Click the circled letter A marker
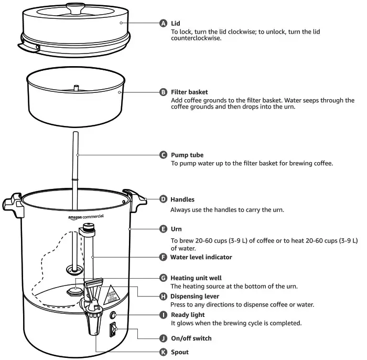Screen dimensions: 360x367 tap(163, 24)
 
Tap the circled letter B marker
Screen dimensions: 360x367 tap(163, 92)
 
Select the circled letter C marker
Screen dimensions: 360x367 tap(163, 155)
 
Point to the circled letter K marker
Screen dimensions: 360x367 tap(163, 352)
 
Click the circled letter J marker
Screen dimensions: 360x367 tap(163, 338)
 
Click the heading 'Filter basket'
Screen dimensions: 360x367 tap(192, 92)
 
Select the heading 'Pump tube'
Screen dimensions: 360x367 tap(187, 155)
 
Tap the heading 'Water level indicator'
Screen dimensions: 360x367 tap(201, 257)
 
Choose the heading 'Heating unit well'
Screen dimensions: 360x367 tap(197, 278)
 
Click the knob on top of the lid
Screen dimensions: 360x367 tap(77, 7)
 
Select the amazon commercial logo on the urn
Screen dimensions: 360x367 tap(85, 217)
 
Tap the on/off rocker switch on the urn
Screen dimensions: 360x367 tap(112, 331)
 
